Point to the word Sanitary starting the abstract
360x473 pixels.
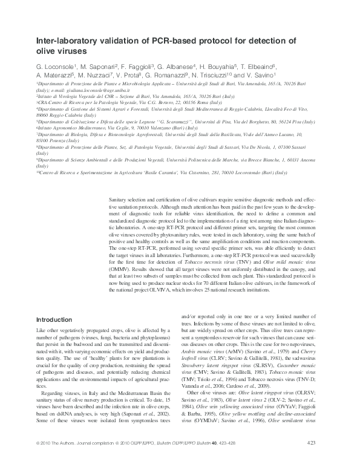tap(119, 199)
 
